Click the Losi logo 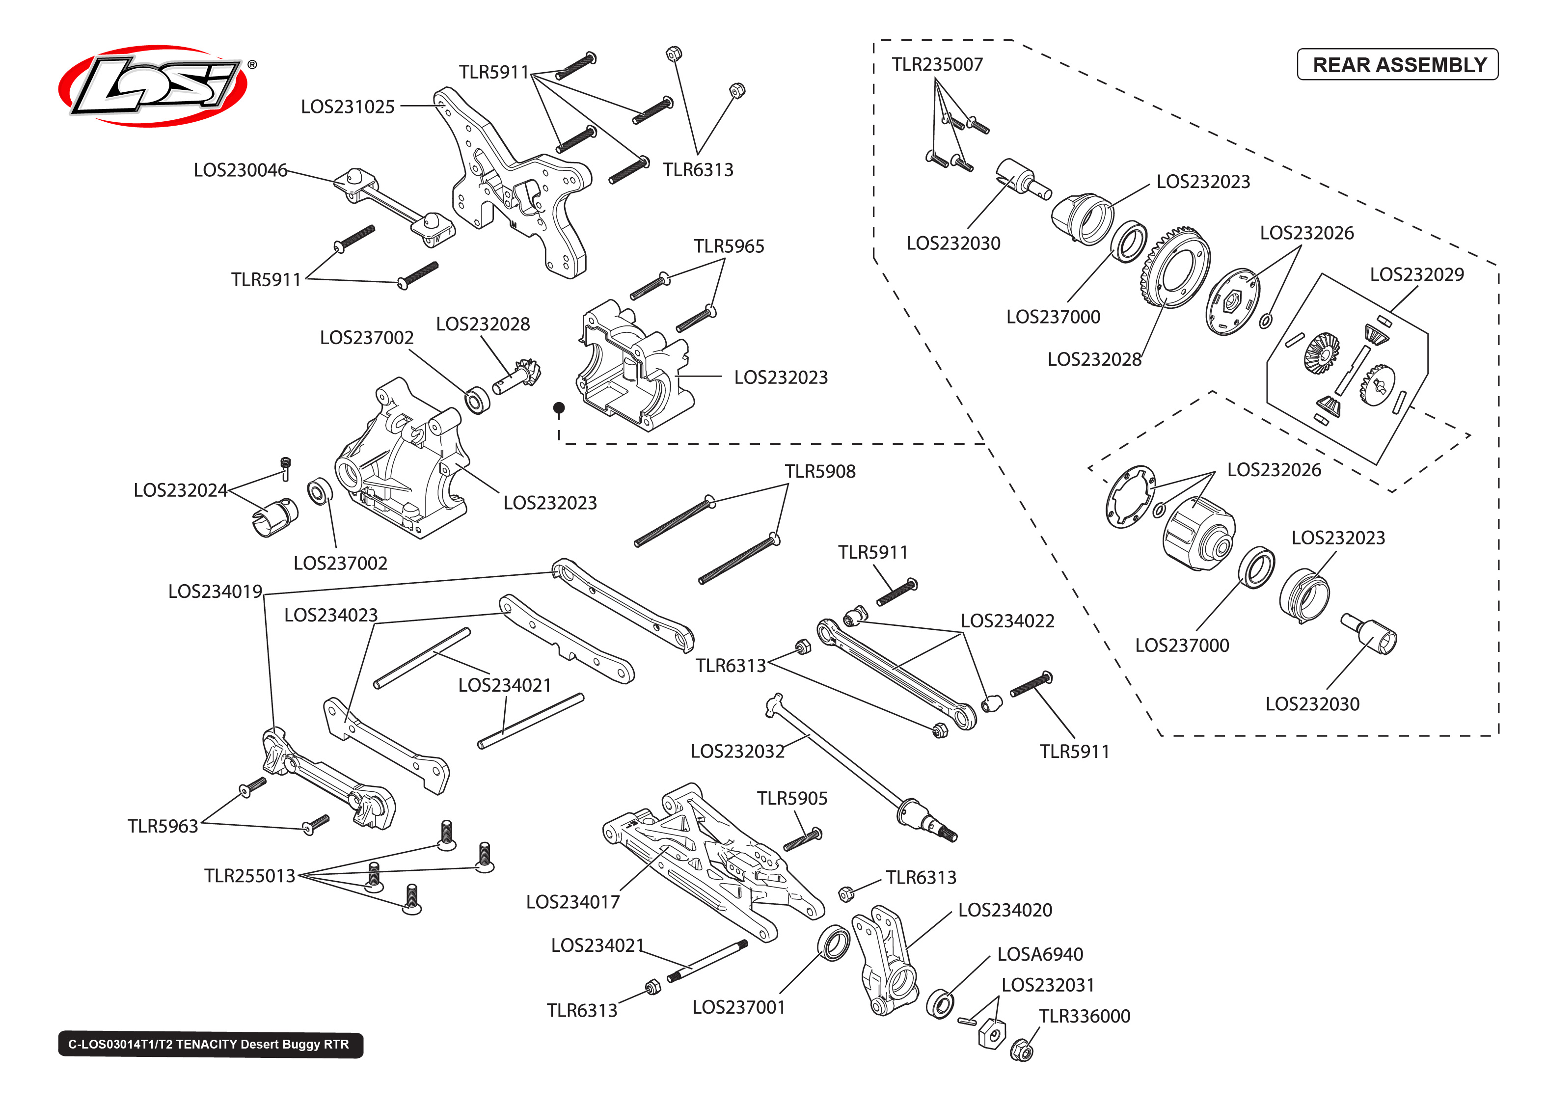154,86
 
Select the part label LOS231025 347,107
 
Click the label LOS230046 240,170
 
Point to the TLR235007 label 937,65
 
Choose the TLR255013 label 250,876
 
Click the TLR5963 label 163,826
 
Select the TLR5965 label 728,246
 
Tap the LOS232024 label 180,490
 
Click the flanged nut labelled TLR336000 1021,1051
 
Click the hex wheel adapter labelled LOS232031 992,1034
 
